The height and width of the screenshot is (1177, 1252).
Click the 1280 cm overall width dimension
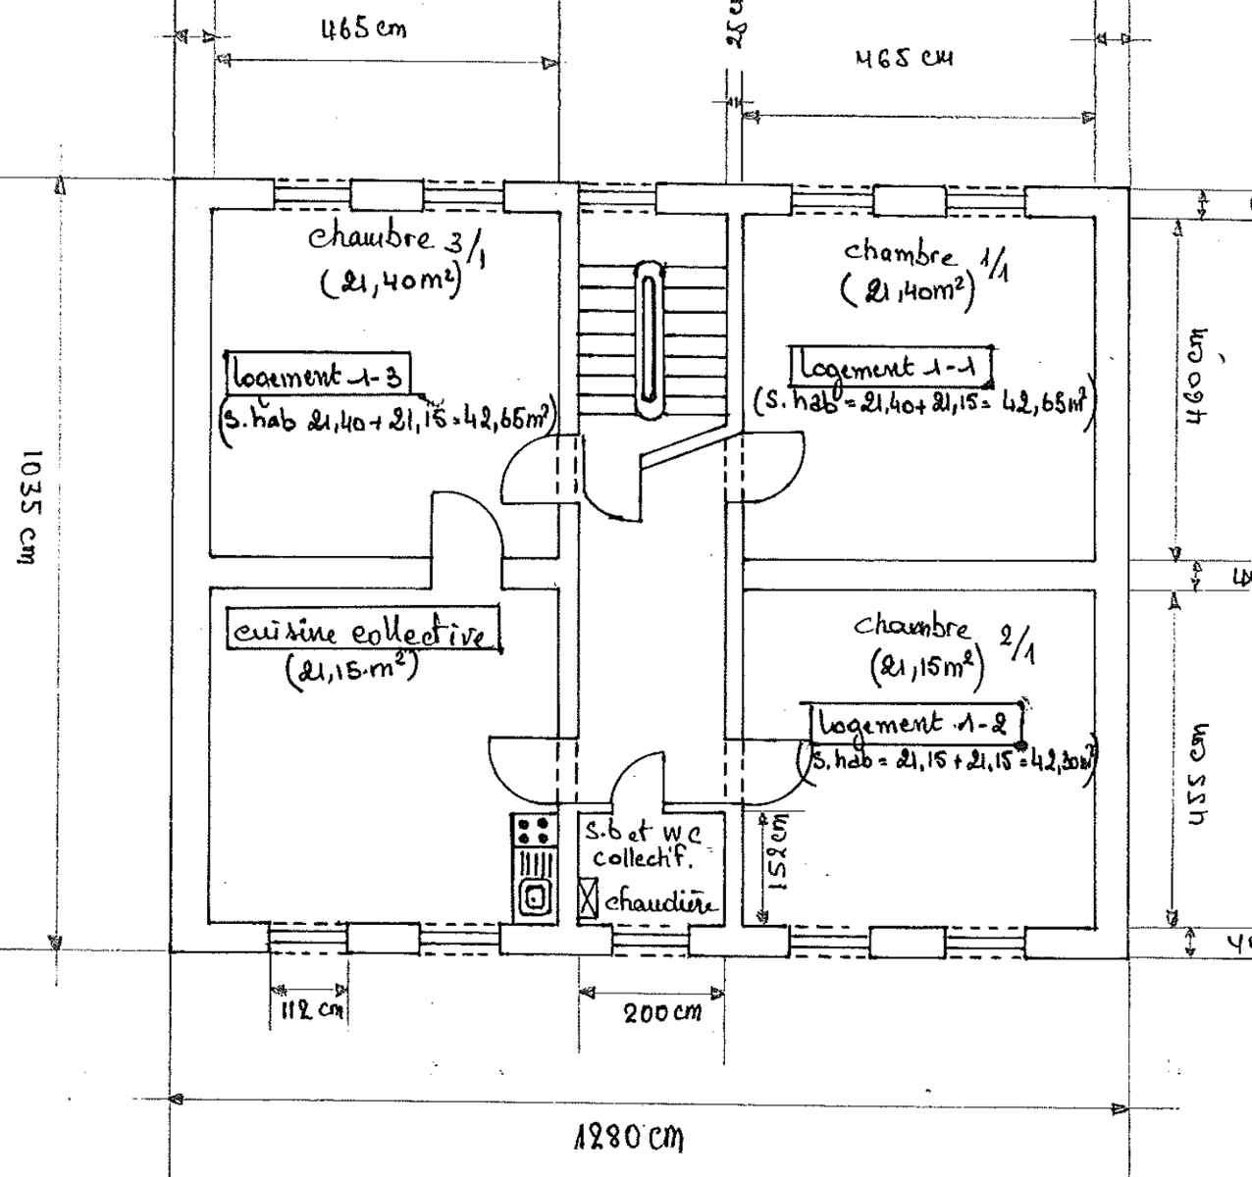(627, 1139)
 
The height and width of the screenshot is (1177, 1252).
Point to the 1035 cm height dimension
(29, 506)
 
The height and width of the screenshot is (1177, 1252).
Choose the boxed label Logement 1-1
(893, 367)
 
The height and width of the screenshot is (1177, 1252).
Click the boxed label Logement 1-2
(915, 725)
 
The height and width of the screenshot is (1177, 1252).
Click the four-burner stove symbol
(532, 831)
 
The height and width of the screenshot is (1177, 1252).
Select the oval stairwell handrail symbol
(650, 337)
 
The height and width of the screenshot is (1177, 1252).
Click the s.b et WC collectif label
(643, 844)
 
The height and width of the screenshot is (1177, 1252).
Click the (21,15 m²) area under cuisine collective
(351, 671)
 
